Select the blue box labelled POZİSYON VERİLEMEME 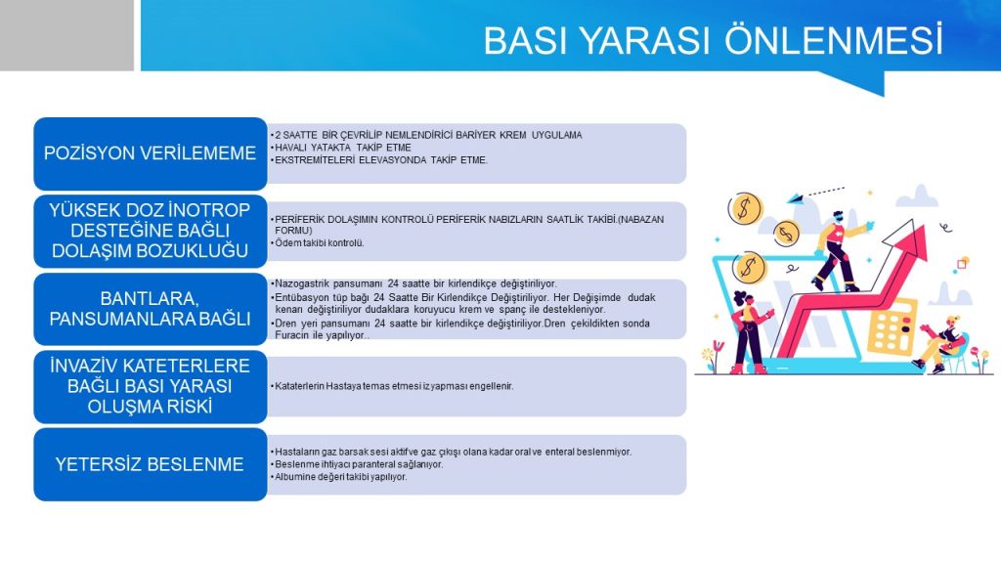click(150, 153)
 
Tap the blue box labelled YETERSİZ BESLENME click(150, 464)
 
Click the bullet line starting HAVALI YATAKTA click(342, 148)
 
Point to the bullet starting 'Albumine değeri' click(339, 477)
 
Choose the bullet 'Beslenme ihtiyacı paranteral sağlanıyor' click(357, 464)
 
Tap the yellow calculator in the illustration click(892, 326)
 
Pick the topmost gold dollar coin click(745, 208)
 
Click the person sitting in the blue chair click(942, 343)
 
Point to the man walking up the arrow click(839, 250)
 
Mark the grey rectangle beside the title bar click(66, 35)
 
